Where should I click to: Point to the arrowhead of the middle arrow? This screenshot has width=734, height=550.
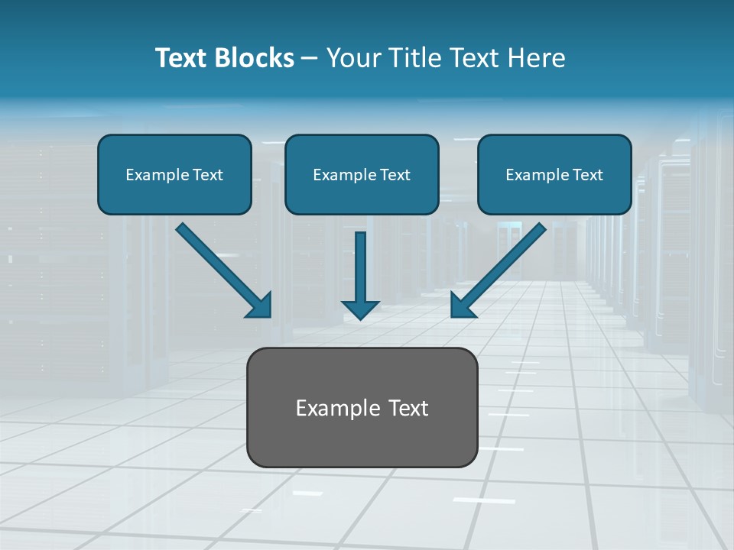click(x=360, y=309)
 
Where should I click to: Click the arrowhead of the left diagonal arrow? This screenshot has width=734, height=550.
click(x=261, y=306)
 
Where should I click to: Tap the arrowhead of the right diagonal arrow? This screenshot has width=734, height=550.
click(x=461, y=306)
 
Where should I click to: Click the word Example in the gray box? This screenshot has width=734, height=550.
click(x=333, y=408)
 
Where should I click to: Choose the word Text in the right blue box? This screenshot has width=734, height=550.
click(x=588, y=175)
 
